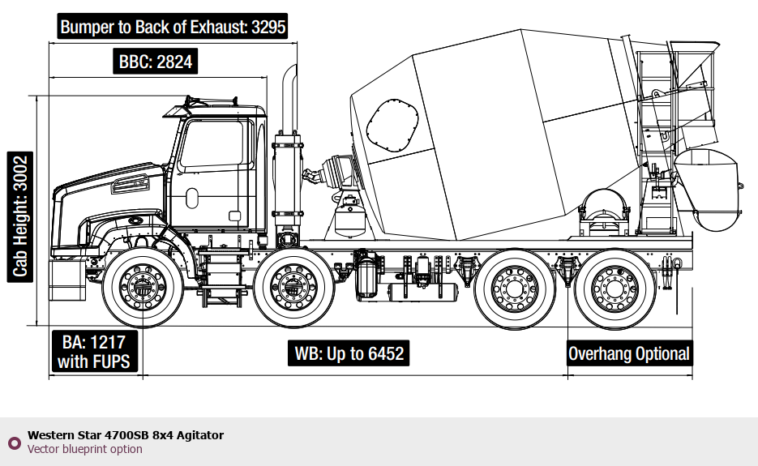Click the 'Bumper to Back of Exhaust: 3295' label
point(173,27)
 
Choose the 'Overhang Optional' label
point(629,354)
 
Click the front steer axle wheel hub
point(141,286)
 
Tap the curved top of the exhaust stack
point(289,81)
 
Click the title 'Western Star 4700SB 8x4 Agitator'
point(126,435)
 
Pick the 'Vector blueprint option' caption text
point(85,449)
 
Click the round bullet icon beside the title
point(14,442)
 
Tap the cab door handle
point(192,197)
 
